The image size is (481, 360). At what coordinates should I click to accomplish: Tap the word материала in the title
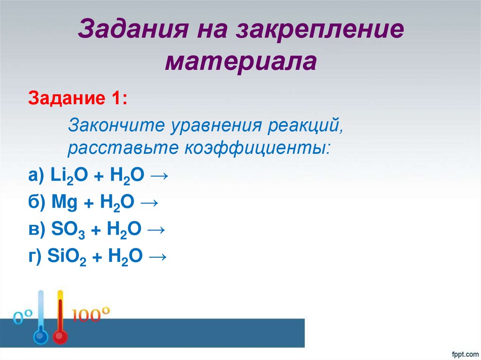click(x=240, y=61)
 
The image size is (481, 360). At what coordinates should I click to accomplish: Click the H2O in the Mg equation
click(x=117, y=203)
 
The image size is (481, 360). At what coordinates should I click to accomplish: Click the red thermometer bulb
click(x=60, y=337)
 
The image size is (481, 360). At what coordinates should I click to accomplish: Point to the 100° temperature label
click(x=91, y=314)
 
